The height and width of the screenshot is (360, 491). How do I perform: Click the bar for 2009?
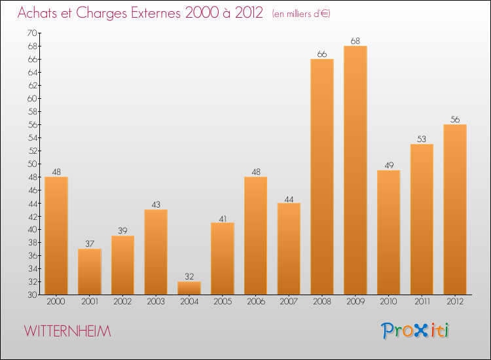click(355, 170)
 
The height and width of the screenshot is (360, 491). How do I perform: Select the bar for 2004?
click(189, 288)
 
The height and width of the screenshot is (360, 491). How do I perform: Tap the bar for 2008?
click(322, 177)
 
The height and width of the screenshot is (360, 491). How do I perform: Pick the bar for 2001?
click(89, 272)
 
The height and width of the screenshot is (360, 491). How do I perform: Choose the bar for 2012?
click(455, 209)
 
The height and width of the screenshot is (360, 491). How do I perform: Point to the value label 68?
click(355, 41)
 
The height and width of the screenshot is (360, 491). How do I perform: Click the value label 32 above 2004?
click(189, 277)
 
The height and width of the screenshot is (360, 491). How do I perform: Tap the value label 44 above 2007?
click(289, 198)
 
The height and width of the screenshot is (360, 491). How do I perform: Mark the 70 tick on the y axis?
click(32, 33)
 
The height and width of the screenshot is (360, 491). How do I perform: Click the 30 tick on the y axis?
click(32, 295)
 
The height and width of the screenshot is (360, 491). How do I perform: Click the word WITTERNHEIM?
click(68, 331)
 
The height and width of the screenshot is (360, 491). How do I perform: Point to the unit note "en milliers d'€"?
click(301, 13)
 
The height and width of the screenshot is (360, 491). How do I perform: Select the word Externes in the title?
click(153, 12)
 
